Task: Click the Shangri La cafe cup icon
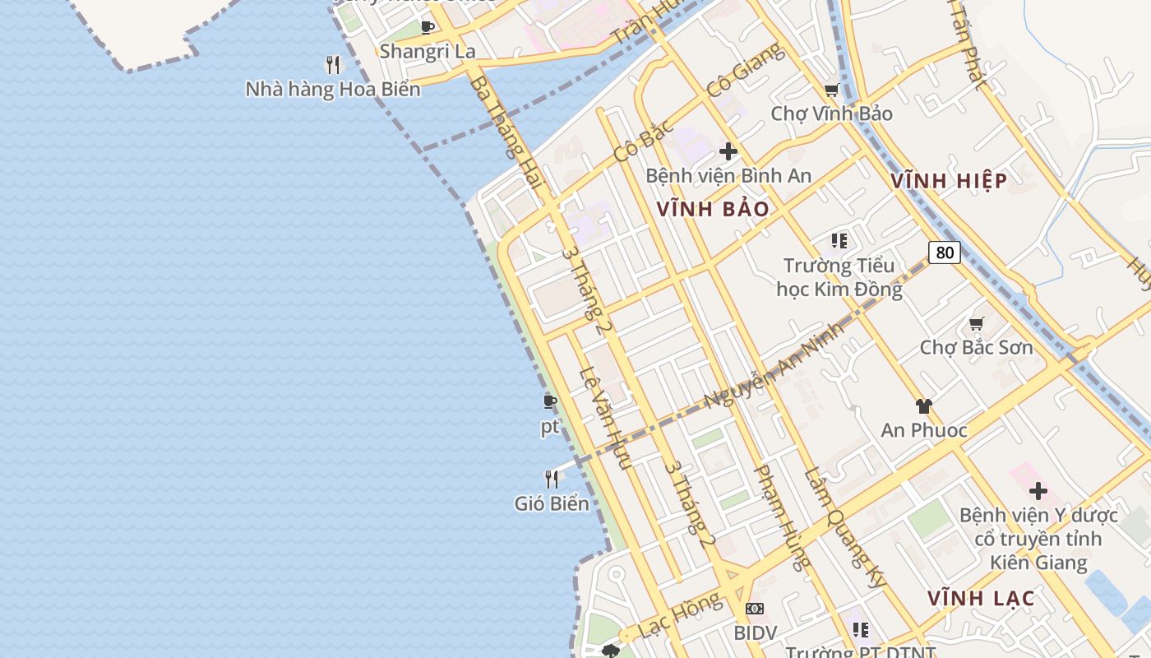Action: point(428,27)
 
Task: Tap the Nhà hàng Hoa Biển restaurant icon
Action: point(333,64)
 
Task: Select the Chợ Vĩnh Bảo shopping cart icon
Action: point(831,90)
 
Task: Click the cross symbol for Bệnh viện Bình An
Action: point(728,151)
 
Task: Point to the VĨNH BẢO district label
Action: point(713,209)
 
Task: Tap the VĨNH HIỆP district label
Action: point(950,181)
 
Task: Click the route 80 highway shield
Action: point(945,252)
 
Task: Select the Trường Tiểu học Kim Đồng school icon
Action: point(839,241)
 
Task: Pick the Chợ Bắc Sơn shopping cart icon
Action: point(976,323)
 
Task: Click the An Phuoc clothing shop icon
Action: point(923,405)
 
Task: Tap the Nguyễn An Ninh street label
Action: point(774,364)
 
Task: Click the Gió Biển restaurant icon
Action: point(552,479)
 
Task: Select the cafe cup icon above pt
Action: point(550,401)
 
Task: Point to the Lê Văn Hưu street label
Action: point(603,418)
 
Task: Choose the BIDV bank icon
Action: point(754,609)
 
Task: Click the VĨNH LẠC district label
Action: point(981,598)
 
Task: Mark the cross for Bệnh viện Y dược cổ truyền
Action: point(1038,491)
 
